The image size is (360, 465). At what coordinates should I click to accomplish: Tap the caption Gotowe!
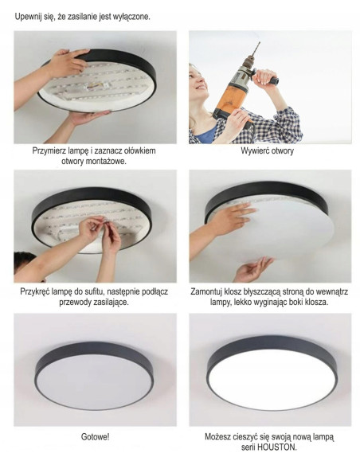pos(95,437)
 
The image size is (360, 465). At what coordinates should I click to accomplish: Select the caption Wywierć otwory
pos(267,150)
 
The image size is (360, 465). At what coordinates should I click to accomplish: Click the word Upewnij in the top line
pos(30,16)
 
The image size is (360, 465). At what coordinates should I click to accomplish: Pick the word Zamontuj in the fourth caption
pos(213,291)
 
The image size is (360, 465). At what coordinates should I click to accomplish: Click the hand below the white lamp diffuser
pos(253,269)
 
